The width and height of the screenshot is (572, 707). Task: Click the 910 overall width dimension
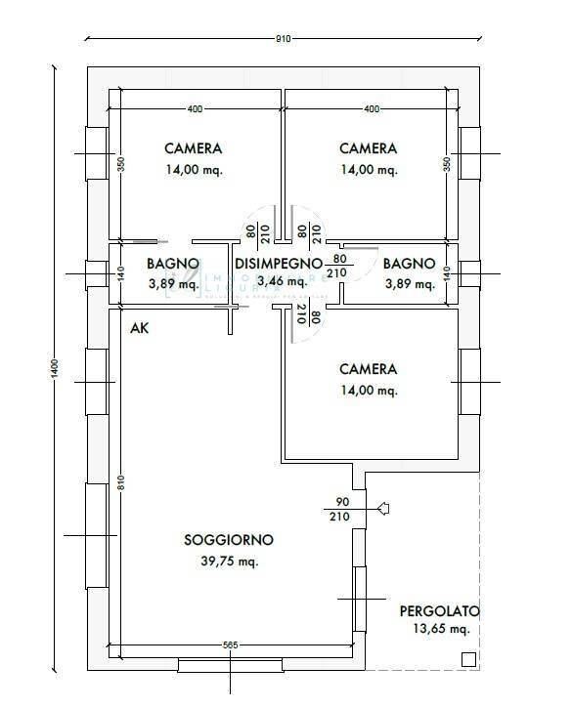coord(284,39)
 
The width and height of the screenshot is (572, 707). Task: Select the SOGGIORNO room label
coord(228,540)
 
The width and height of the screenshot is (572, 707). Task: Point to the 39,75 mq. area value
coord(228,561)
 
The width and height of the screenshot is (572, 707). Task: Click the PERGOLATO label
coord(439,611)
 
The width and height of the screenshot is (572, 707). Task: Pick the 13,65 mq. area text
coord(439,631)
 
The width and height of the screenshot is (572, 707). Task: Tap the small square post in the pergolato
coord(468,660)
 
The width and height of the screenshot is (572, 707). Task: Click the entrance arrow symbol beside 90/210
coord(383,508)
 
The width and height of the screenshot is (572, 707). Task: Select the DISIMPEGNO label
coord(278,264)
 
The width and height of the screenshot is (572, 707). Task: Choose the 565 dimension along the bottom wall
coord(231,645)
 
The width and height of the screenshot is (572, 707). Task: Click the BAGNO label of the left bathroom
coord(173,264)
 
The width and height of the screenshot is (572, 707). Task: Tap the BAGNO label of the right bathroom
coord(409,264)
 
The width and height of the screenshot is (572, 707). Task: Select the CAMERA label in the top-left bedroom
coord(193,149)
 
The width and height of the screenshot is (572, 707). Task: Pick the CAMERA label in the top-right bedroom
coord(368,149)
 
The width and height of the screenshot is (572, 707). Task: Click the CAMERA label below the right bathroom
coord(368,369)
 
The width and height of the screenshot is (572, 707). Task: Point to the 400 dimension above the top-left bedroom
coord(195,108)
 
